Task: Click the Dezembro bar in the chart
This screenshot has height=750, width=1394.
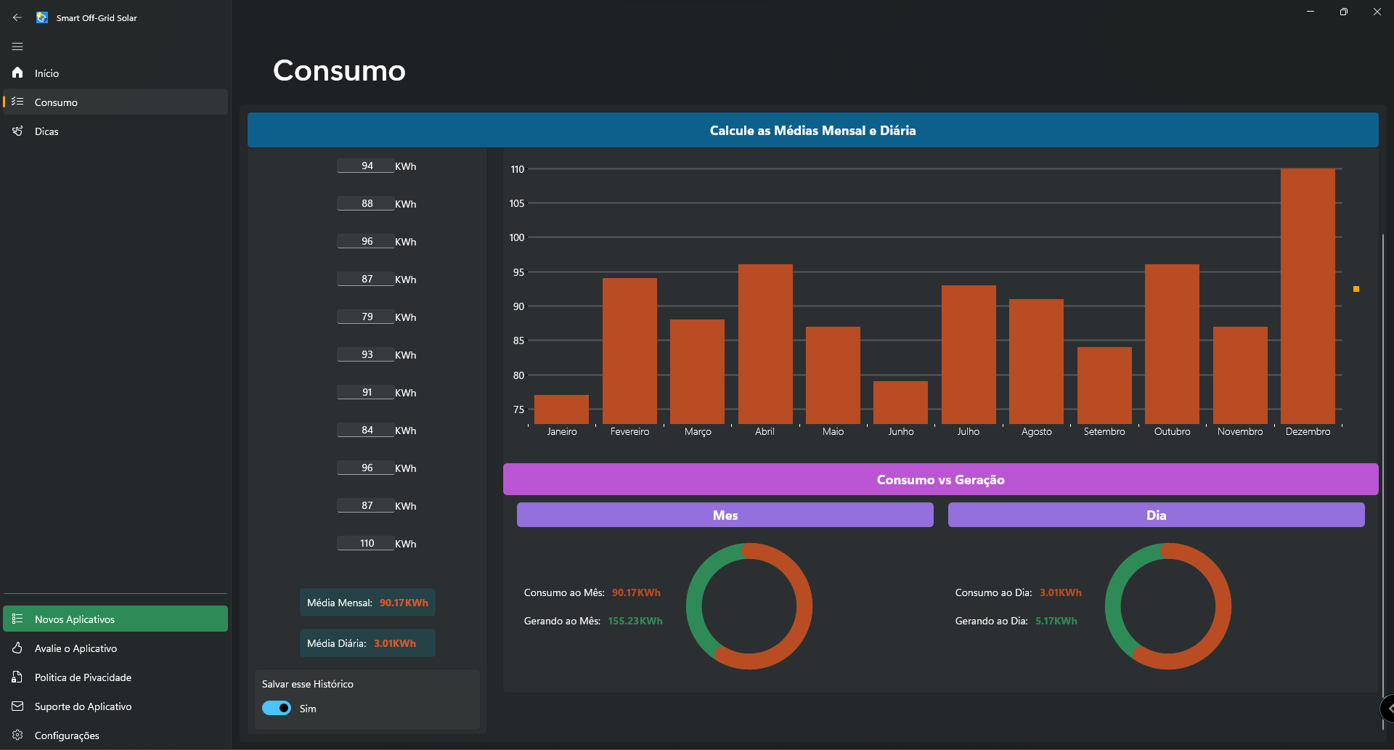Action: click(x=1308, y=296)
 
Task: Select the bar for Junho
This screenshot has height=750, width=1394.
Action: click(x=900, y=402)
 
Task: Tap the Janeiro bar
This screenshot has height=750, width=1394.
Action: click(x=561, y=409)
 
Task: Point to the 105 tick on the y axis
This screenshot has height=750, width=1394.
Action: click(x=517, y=203)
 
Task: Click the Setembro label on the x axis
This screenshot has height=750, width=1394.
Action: click(x=1104, y=431)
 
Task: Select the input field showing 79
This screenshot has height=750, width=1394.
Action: click(x=366, y=317)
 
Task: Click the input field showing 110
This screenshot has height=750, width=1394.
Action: click(x=366, y=543)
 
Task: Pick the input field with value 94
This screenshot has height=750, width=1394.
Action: click(x=366, y=166)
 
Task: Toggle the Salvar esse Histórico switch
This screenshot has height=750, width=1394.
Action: click(x=277, y=708)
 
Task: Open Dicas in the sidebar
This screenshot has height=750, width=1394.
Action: click(x=46, y=131)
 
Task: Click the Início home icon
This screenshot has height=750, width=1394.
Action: click(x=17, y=73)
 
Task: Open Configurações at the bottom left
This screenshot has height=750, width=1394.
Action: click(x=67, y=735)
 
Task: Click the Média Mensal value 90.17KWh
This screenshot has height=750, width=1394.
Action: click(x=404, y=603)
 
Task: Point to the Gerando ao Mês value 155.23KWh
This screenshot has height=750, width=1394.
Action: click(x=635, y=621)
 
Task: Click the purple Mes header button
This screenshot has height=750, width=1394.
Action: click(x=725, y=515)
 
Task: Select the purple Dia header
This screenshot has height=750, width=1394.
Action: click(x=1157, y=515)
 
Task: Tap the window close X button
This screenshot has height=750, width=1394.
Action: click(x=1377, y=12)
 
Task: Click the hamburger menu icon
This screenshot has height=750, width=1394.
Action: click(x=17, y=46)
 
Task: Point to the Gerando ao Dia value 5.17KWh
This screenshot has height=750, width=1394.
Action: click(x=1056, y=621)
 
